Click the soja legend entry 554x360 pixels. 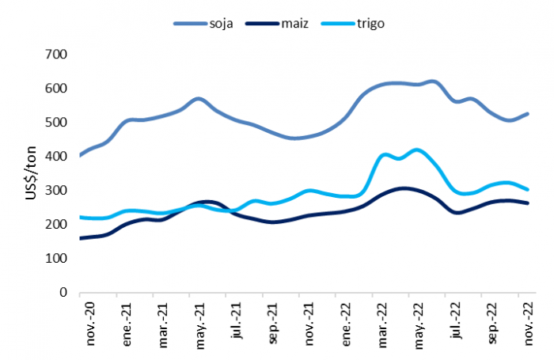(203, 24)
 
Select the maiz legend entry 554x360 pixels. (277, 24)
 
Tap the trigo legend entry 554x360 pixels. (353, 24)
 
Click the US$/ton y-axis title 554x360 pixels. (31, 172)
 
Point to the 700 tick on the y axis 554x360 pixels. (56, 55)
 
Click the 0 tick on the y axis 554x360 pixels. (63, 293)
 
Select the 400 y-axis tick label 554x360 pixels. (56, 157)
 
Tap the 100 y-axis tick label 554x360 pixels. (56, 259)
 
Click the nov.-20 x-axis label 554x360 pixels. (90, 324)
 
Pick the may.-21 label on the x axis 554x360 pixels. (200, 326)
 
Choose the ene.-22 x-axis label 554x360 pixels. (346, 324)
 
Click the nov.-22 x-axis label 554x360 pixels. (528, 324)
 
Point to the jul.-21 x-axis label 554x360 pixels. (237, 320)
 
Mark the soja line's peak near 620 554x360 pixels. (432, 82)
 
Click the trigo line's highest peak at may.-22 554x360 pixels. (417, 150)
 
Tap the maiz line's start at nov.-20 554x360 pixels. (80, 238)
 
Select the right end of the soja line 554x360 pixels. (528, 114)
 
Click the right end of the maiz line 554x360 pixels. (528, 203)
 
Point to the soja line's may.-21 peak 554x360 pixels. (199, 99)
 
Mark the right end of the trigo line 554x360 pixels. (528, 190)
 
